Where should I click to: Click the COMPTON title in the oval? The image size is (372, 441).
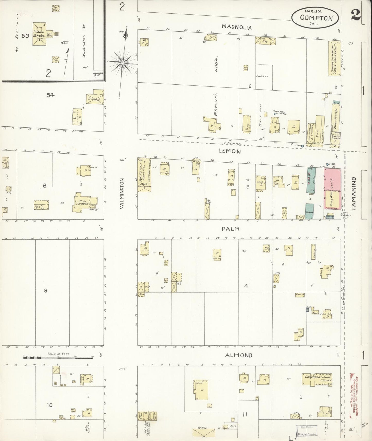click(x=316, y=18)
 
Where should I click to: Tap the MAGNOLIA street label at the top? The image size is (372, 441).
click(x=237, y=27)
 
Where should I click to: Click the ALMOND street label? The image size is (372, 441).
click(x=238, y=355)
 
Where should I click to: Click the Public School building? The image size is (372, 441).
click(x=39, y=34)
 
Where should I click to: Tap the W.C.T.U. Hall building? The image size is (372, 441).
click(x=144, y=175)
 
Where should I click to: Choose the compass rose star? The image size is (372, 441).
click(x=123, y=63)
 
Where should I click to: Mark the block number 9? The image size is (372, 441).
click(x=46, y=290)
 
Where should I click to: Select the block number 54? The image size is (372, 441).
click(x=50, y=95)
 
